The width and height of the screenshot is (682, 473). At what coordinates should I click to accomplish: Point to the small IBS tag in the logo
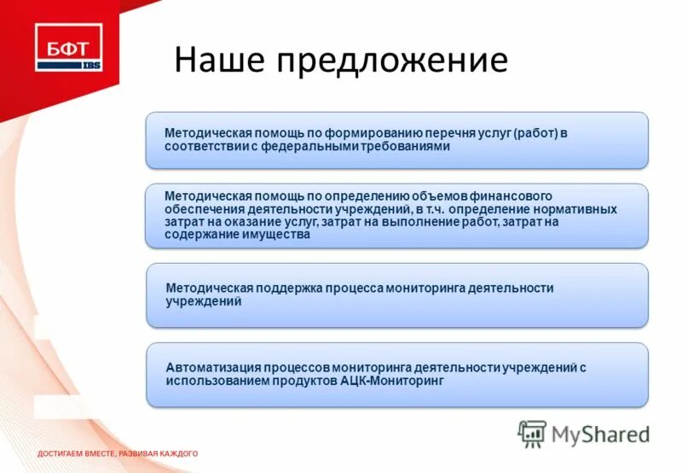[90, 65]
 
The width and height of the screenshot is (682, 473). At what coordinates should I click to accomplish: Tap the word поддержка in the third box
[280, 289]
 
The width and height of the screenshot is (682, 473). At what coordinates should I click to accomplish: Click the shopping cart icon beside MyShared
[532, 434]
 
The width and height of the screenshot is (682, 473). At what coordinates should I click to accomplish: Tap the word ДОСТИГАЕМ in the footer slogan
[63, 453]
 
